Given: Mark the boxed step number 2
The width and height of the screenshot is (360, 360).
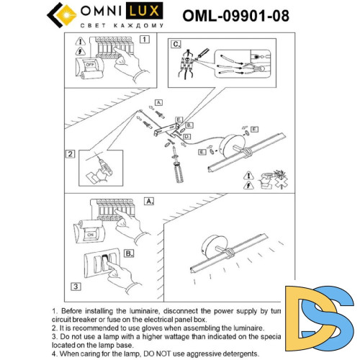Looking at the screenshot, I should (x=71, y=153).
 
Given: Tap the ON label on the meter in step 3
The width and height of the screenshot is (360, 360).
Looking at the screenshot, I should (x=91, y=234).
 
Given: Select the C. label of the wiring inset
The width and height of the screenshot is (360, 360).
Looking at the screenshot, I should (x=176, y=44).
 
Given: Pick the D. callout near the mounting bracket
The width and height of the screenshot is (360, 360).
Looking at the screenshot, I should (x=186, y=135).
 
